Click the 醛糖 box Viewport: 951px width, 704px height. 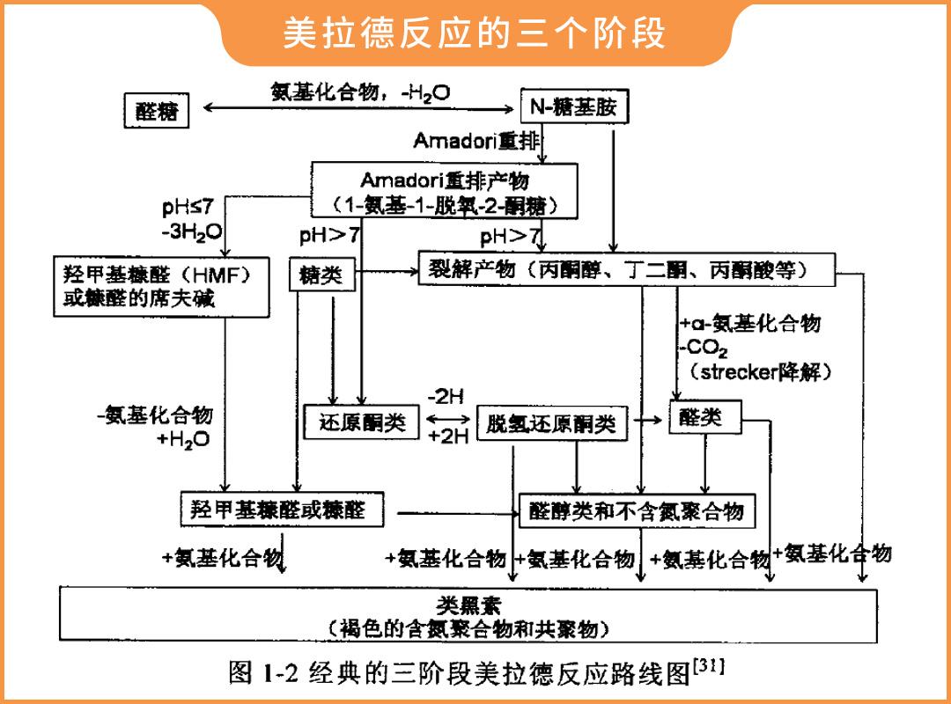tap(156, 111)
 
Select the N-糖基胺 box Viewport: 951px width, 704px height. tap(575, 107)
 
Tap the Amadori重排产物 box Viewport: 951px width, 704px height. tap(445, 193)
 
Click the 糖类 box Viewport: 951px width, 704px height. tap(321, 275)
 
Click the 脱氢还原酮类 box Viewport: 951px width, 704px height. tap(551, 424)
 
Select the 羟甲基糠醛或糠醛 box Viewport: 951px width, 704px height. tap(282, 510)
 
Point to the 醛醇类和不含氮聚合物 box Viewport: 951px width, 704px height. tap(636, 510)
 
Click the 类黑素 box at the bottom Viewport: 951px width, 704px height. tap(468, 616)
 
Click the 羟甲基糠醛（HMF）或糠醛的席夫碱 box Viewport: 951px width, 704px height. tap(160, 286)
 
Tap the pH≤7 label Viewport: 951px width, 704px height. tap(186, 209)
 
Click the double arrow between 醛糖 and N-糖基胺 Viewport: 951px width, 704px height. tap(358, 109)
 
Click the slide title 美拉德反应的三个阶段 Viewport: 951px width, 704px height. tap(475, 33)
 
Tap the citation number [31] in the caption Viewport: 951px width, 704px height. tap(710, 665)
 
